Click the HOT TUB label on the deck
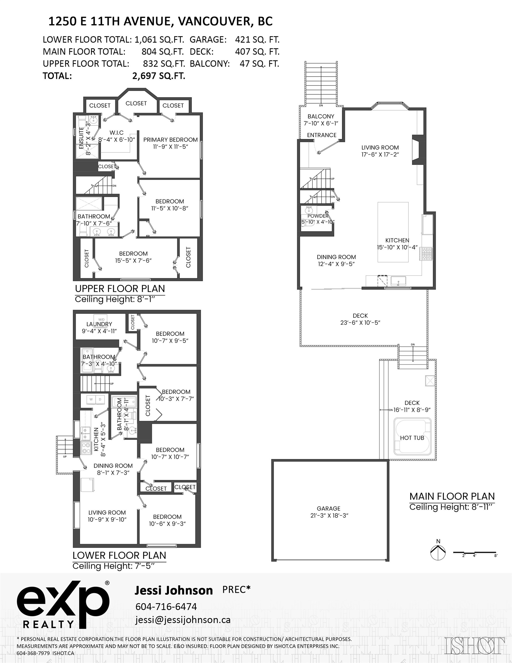tap(412, 438)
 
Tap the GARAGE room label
tap(328, 508)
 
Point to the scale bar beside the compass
tap(475, 553)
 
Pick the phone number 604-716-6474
tap(166, 607)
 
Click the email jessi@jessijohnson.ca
tap(183, 620)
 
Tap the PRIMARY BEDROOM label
tap(170, 140)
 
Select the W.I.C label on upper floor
tap(116, 133)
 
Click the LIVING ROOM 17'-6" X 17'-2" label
tap(380, 151)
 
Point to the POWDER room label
tap(318, 216)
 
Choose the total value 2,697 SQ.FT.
tap(159, 76)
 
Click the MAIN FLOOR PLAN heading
tap(452, 496)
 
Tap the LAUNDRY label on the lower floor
tap(99, 324)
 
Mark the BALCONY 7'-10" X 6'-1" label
tap(321, 120)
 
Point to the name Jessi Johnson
tap(174, 590)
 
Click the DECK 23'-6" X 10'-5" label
tap(360, 319)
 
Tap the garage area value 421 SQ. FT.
tap(257, 39)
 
